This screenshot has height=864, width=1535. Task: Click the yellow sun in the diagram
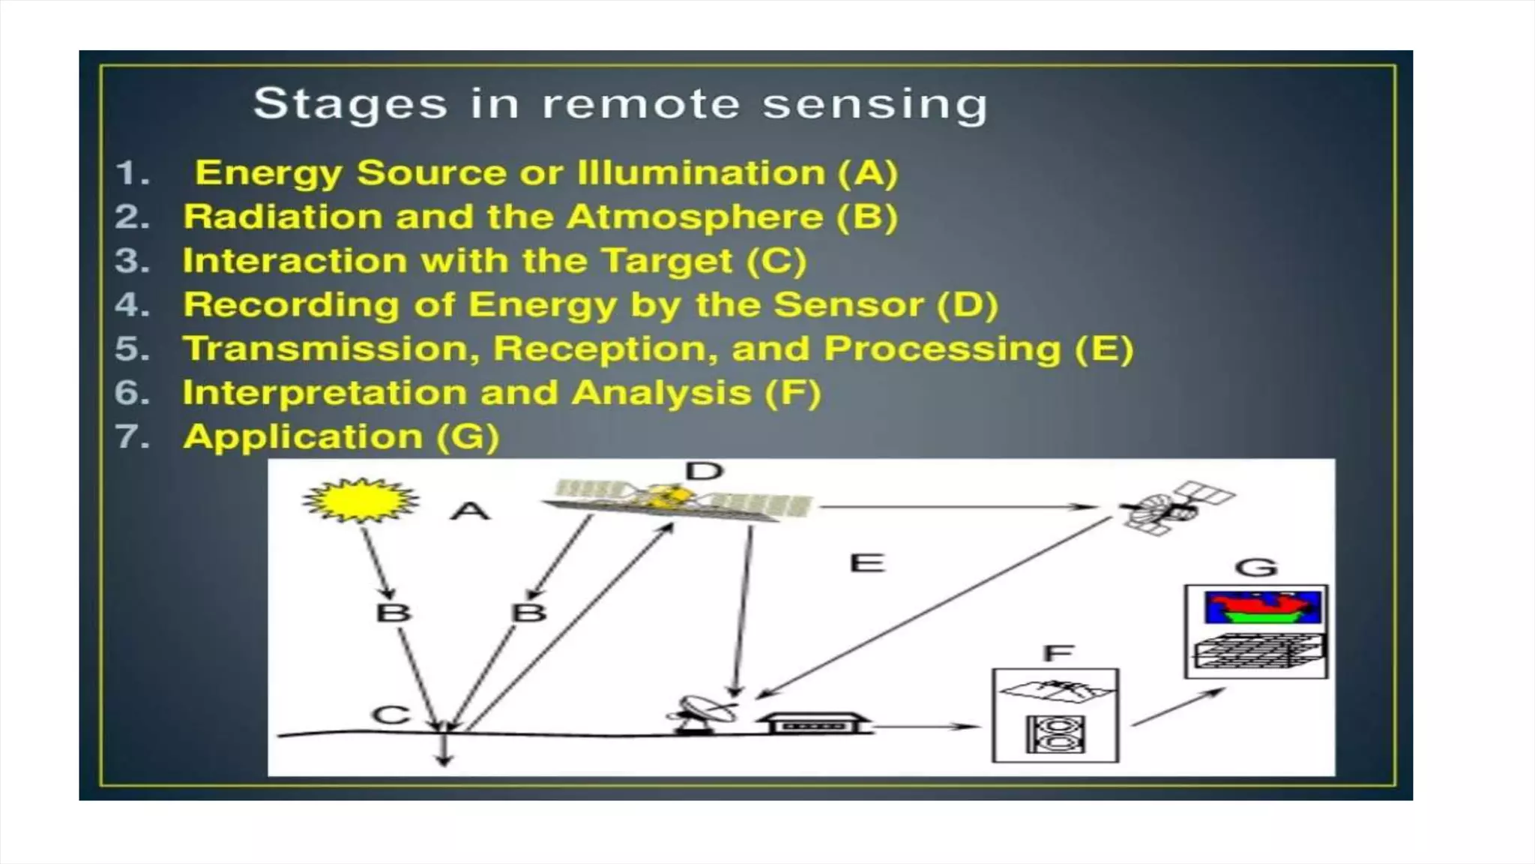[360, 500]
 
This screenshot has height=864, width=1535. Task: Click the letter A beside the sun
[470, 511]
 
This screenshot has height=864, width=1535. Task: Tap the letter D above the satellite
[705, 471]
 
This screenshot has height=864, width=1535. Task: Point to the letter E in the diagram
[867, 562]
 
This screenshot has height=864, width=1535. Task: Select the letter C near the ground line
[390, 715]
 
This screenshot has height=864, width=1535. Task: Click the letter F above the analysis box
[1058, 653]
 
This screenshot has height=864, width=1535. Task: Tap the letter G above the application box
[1256, 568]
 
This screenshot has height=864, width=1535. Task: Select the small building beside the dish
[813, 724]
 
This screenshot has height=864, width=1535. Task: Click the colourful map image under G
[1262, 607]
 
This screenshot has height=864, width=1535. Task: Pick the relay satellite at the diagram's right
[1173, 508]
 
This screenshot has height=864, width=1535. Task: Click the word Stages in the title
[350, 104]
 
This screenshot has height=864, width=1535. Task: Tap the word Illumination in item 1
[701, 173]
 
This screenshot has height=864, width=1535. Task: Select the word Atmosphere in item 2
[694, 217]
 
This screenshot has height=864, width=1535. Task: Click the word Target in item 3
[667, 262]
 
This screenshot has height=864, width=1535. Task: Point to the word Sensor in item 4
[848, 305]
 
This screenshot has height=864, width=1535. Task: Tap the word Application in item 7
[303, 437]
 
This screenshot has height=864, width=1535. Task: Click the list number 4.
[129, 305]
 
